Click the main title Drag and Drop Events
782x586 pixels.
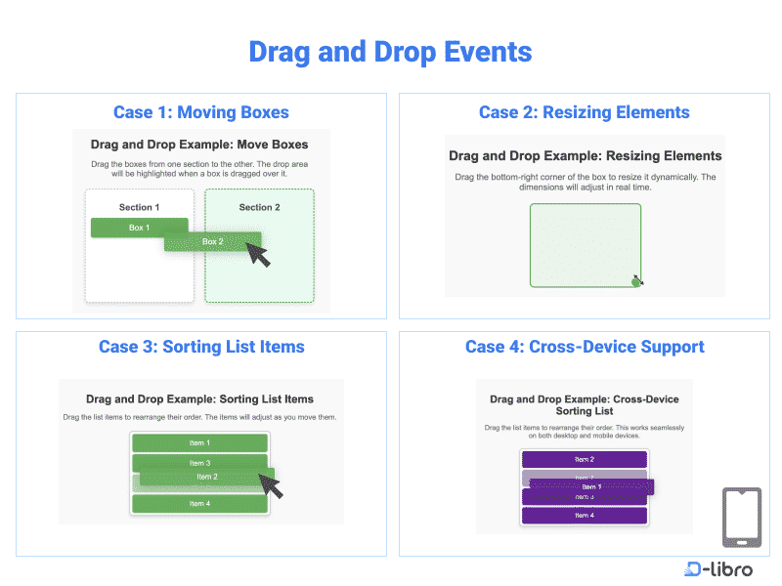pos(390,51)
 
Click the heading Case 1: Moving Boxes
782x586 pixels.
pos(201,112)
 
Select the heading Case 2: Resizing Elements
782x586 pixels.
pos(584,112)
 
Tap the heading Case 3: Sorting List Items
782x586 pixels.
pos(201,347)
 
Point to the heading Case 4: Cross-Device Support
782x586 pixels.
pos(585,347)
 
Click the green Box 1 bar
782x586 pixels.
pos(139,228)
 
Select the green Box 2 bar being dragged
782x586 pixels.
pos(212,241)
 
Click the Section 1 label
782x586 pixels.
pos(139,207)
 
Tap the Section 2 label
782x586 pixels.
pos(259,207)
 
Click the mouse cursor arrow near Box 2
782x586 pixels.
pos(257,254)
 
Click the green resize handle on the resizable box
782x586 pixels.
pos(636,281)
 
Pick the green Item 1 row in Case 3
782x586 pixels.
pos(199,443)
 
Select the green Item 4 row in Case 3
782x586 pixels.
pos(199,504)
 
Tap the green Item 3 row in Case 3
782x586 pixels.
pos(199,463)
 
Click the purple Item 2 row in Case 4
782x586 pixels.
pos(584,459)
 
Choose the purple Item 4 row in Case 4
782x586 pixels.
pos(584,516)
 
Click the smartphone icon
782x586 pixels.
pos(741,518)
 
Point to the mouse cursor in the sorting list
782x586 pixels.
pos(271,484)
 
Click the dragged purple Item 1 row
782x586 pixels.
pos(590,486)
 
